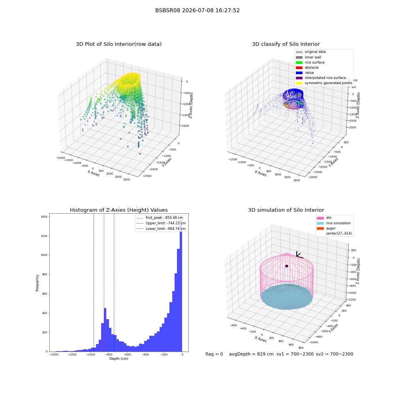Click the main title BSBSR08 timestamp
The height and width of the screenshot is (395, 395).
click(x=197, y=10)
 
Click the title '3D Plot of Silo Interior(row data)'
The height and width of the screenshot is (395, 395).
click(x=118, y=44)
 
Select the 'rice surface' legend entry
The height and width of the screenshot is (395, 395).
click(x=310, y=62)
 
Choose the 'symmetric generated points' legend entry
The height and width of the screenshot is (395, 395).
click(x=324, y=83)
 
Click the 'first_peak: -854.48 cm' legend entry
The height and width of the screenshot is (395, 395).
click(x=160, y=218)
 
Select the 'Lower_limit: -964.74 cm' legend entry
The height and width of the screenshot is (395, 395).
click(x=161, y=229)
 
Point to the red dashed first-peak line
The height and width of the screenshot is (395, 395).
click(x=104, y=282)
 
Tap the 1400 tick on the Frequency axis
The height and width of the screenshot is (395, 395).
click(x=44, y=216)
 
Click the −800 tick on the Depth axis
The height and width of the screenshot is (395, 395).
click(x=109, y=355)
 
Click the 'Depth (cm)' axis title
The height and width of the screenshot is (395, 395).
click(x=119, y=359)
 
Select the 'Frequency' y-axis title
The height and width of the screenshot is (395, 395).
click(x=37, y=283)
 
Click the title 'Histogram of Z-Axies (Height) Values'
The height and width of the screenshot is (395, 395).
click(x=118, y=210)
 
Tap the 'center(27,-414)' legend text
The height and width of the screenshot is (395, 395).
click(x=339, y=233)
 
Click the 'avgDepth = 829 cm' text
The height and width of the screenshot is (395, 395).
click(x=251, y=354)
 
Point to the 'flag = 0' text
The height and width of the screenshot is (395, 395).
click(x=214, y=354)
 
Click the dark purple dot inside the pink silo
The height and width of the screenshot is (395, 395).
click(x=287, y=266)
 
